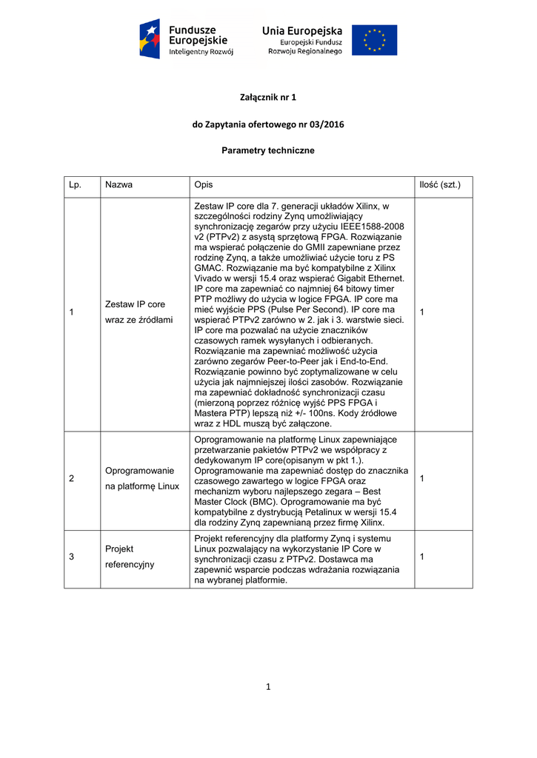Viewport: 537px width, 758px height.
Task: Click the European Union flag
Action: point(374,40)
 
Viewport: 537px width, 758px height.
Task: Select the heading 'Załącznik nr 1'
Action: point(268,97)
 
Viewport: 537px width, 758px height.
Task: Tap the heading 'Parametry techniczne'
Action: point(268,150)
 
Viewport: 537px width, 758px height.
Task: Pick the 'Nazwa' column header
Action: point(119,184)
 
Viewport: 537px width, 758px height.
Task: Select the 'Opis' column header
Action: point(203,184)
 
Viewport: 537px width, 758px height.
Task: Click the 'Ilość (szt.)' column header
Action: point(440,184)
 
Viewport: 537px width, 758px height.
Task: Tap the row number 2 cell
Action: point(72,478)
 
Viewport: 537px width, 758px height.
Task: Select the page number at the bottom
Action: point(268,686)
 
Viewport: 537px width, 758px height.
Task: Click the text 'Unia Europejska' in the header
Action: point(302,30)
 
